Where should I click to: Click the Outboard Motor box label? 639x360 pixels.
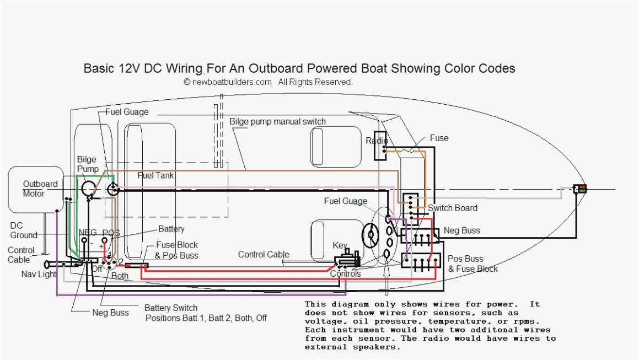(40, 189)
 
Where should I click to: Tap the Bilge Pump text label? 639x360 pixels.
(88, 164)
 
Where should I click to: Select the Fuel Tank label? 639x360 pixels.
(155, 175)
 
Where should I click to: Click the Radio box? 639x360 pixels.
(380, 145)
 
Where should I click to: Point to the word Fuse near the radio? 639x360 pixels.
(439, 138)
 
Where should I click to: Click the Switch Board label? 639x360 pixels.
(453, 208)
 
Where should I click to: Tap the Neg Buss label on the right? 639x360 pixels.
(461, 230)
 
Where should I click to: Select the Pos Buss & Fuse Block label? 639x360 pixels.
(472, 264)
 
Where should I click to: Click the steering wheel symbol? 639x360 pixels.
(370, 235)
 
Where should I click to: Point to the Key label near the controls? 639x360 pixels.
(340, 245)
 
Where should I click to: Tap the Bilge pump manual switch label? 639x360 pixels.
(277, 121)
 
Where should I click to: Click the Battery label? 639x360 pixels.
(171, 228)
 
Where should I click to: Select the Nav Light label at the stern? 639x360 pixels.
(39, 274)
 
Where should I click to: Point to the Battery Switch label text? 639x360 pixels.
(170, 308)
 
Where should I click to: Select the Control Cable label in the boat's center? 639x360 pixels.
(264, 254)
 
